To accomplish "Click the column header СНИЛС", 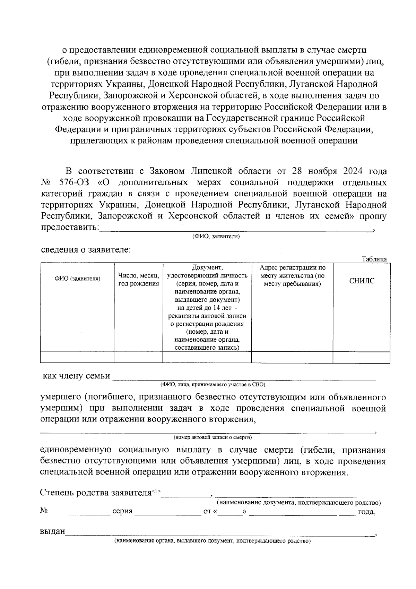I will tap(362, 281).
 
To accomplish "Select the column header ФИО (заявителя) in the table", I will tap(77, 279).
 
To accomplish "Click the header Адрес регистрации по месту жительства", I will tap(292, 276).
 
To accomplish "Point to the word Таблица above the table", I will tap(374, 259).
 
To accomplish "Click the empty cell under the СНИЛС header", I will tap(362, 357).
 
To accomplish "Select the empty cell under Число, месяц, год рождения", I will tap(138, 357).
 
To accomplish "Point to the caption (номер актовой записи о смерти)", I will tap(213, 437).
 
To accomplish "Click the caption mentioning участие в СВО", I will tap(213, 385).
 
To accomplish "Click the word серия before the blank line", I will tap(123, 511).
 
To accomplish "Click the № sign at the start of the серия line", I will tap(44, 511).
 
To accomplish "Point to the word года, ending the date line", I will tap(367, 511).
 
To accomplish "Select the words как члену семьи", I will tap(76, 376).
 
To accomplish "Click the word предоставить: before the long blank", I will tap(70, 228).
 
